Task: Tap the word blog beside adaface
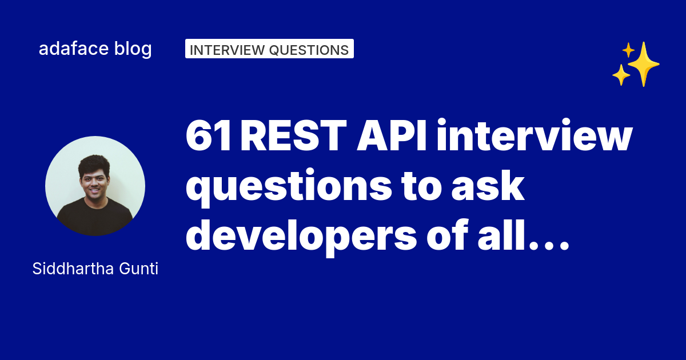click(133, 49)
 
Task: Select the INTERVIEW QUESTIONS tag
click(269, 49)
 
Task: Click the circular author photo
click(95, 186)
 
